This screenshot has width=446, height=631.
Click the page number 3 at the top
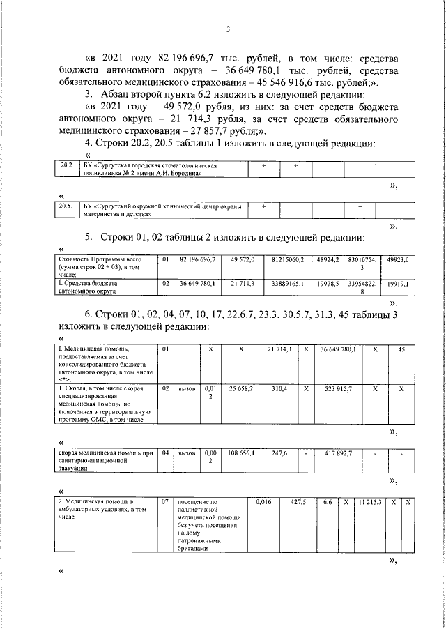tap(228, 29)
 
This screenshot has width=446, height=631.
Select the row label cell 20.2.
tap(67, 166)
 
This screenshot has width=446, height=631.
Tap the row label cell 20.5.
tap(67, 207)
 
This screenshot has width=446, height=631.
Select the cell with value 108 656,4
tap(242, 453)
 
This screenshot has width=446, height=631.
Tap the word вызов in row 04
tap(187, 453)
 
